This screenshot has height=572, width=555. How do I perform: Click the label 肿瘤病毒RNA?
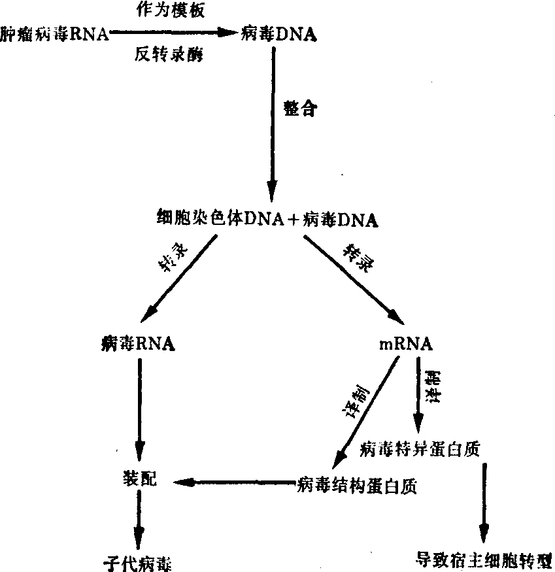click(x=56, y=33)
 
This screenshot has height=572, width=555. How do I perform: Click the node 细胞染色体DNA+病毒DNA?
click(x=267, y=218)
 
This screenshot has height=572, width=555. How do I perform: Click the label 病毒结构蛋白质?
click(x=356, y=486)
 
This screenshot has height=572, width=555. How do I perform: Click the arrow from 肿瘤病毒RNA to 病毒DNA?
click(x=173, y=32)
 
